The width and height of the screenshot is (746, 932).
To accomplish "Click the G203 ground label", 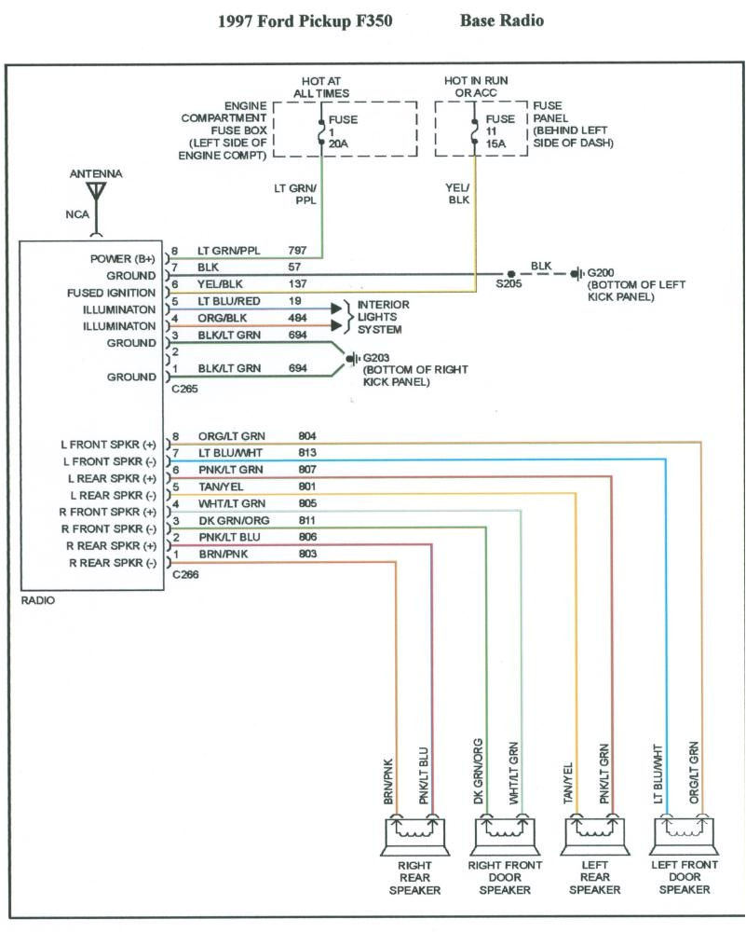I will [378, 358].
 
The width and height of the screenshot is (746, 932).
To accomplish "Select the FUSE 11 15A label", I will [500, 132].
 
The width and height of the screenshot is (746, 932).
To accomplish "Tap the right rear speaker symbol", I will [414, 831].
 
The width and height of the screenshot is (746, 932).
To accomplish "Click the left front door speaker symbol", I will [687, 831].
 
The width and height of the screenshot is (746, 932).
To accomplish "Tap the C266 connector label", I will [185, 575].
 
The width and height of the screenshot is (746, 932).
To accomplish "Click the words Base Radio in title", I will [501, 20].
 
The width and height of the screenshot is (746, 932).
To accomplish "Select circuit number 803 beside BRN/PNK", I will [307, 555].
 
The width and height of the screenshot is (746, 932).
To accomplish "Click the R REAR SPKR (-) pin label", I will [110, 563].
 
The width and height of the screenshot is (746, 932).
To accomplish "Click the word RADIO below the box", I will [37, 601].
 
